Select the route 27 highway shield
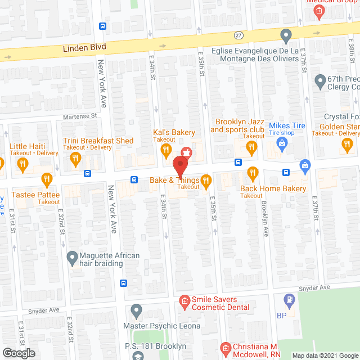click(238, 35)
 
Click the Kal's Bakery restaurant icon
click(165, 150)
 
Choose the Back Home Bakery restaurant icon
click(253, 173)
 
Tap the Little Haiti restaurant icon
click(22, 164)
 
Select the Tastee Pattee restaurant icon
click(47, 179)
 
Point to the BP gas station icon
click(289, 299)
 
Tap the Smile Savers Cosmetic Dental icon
click(184, 303)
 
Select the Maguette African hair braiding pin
click(72, 259)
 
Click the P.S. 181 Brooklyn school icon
click(138, 355)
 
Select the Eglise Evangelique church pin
click(286, 36)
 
